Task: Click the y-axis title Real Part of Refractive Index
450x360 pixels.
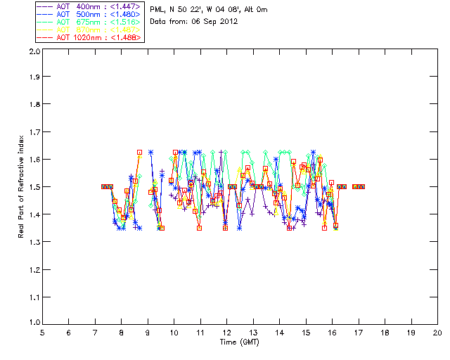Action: [x=22, y=186]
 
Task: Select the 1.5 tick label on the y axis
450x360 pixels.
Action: [x=34, y=187]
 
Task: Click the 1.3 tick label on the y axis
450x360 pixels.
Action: [x=34, y=242]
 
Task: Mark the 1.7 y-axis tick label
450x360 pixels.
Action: [x=34, y=133]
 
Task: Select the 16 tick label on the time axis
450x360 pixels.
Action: [x=332, y=333]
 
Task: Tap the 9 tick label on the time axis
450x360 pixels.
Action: [x=148, y=333]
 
